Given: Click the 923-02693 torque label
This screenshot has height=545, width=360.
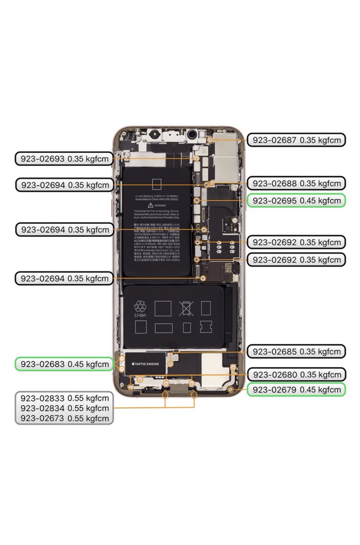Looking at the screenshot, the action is tap(64, 159).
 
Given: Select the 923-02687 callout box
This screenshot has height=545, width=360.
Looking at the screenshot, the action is tap(296, 140).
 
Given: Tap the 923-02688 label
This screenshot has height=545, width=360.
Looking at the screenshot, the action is tap(296, 183).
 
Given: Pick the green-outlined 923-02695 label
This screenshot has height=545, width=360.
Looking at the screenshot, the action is tap(296, 200).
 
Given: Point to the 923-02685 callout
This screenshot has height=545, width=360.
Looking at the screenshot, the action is tap(296, 352).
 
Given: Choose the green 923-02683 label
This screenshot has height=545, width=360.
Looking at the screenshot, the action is tap(64, 364).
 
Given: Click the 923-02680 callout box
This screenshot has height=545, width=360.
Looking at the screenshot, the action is tap(296, 375).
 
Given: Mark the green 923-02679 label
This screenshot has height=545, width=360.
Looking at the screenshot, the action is tap(296, 390).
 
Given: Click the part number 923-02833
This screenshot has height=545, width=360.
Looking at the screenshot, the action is tap(64, 398).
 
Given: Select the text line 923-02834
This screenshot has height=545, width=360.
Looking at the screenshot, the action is tap(64, 408).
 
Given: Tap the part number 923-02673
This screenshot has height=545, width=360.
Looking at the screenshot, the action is tap(64, 418).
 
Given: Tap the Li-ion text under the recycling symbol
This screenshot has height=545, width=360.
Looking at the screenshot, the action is tap(140, 316).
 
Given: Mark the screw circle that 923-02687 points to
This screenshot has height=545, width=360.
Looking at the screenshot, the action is tap(210, 140).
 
